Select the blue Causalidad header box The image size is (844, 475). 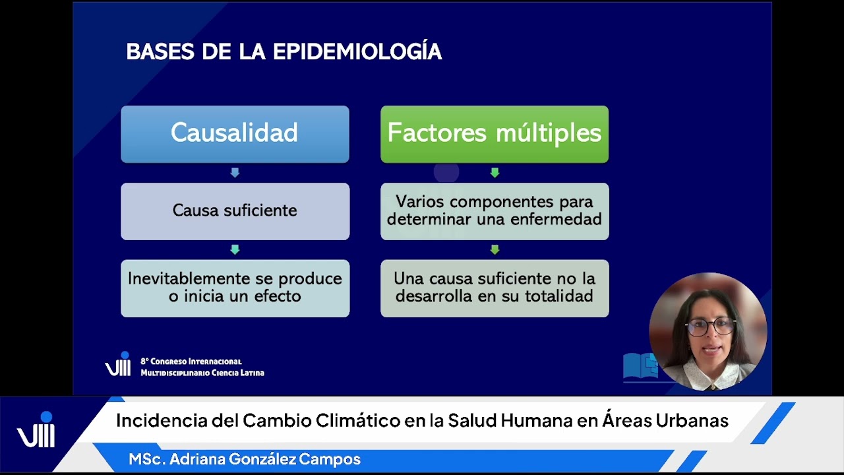pyautogui.click(x=235, y=134)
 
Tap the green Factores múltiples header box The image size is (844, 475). pyautogui.click(x=494, y=134)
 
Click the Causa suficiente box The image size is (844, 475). pyautogui.click(x=235, y=211)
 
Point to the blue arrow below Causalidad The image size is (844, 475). pyautogui.click(x=235, y=173)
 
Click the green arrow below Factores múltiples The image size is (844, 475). pyautogui.click(x=495, y=173)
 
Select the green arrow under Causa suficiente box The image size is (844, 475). pyautogui.click(x=235, y=250)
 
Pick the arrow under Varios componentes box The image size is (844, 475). pyautogui.click(x=495, y=250)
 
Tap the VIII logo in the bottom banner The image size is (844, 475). pyautogui.click(x=36, y=432)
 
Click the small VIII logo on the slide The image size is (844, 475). pyautogui.click(x=118, y=365)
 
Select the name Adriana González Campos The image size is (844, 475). pyautogui.click(x=265, y=459)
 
